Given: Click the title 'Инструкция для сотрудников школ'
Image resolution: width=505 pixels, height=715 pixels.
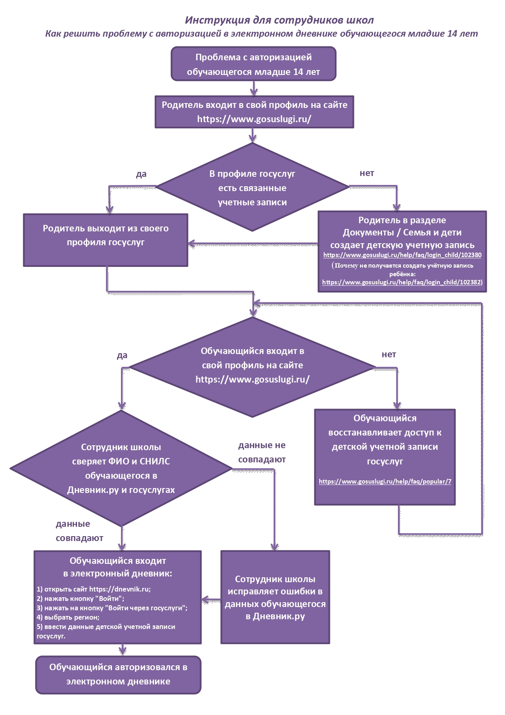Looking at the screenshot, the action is click(x=279, y=20).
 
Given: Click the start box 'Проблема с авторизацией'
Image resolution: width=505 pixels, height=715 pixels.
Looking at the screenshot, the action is click(x=254, y=64).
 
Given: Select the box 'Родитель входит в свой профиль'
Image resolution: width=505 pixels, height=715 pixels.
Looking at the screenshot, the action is click(x=255, y=112).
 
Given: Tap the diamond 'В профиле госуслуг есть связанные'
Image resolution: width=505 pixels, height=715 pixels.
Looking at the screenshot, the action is click(x=253, y=187).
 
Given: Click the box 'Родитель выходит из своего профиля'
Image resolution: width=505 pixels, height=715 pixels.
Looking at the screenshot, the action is click(x=105, y=240).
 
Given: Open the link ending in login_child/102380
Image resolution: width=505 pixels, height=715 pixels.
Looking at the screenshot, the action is click(x=402, y=255).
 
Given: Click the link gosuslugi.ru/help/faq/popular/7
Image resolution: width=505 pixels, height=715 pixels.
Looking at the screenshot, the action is click(x=385, y=481).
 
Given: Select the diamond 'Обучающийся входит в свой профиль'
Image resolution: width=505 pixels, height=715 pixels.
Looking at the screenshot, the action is click(x=253, y=367).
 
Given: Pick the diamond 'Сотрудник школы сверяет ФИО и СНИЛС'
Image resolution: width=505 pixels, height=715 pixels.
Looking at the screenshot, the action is click(x=121, y=469).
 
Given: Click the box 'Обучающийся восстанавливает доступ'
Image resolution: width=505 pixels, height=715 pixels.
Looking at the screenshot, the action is click(x=385, y=457).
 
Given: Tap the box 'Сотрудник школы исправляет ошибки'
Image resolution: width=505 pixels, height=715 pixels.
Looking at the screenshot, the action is click(x=275, y=597).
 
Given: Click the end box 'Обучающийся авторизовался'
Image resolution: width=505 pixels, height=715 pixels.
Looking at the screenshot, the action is click(x=119, y=675).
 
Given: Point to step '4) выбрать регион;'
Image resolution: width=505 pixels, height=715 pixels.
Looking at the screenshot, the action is click(x=68, y=617).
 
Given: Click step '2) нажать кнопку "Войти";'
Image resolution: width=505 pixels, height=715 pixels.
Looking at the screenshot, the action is click(x=81, y=598).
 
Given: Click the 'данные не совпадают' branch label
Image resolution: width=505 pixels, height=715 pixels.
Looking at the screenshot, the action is click(x=262, y=452).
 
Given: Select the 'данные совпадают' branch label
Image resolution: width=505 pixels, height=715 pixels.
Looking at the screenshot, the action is click(x=79, y=531).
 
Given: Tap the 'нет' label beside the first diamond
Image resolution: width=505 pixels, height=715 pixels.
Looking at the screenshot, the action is click(x=367, y=173).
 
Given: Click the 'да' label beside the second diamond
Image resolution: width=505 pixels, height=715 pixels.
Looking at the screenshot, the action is click(x=122, y=355).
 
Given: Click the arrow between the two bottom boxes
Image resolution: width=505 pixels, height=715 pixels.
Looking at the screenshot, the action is click(x=211, y=599).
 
